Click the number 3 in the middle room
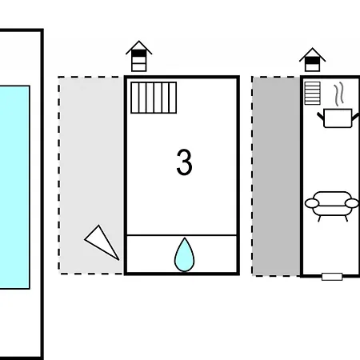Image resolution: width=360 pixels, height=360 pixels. pyautogui.click(x=184, y=162)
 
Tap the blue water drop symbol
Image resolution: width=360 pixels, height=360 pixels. pyautogui.click(x=184, y=254)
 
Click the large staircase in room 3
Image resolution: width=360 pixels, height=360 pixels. pyautogui.click(x=154, y=98)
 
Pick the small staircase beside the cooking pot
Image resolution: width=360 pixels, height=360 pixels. pyautogui.click(x=312, y=93)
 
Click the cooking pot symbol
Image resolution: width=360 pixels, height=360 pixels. pyautogui.click(x=338, y=118)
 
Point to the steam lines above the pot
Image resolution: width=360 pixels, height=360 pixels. pyautogui.click(x=338, y=94)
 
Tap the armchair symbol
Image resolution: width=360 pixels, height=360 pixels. pyautogui.click(x=332, y=206)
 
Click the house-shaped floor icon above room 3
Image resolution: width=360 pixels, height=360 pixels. pyautogui.click(x=139, y=56)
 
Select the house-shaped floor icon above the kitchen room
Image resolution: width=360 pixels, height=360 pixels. pyautogui.click(x=312, y=60)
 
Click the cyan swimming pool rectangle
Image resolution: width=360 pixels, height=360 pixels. pyautogui.click(x=14, y=187)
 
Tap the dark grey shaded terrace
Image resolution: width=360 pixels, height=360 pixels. pyautogui.click(x=276, y=176)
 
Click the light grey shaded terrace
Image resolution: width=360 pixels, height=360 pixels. pyautogui.click(x=90, y=175)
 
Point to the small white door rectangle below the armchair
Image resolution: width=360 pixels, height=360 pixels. pyautogui.click(x=332, y=277)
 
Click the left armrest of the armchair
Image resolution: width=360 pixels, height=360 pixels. pyautogui.click(x=312, y=203)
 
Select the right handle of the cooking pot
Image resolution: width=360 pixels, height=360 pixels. pyautogui.click(x=355, y=117)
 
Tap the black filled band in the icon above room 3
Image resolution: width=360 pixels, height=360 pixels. pyautogui.click(x=139, y=54)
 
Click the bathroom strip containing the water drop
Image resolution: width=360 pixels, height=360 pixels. pyautogui.click(x=182, y=254)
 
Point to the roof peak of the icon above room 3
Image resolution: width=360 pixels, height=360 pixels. pyautogui.click(x=139, y=41)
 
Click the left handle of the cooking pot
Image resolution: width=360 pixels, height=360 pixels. pyautogui.click(x=320, y=116)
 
